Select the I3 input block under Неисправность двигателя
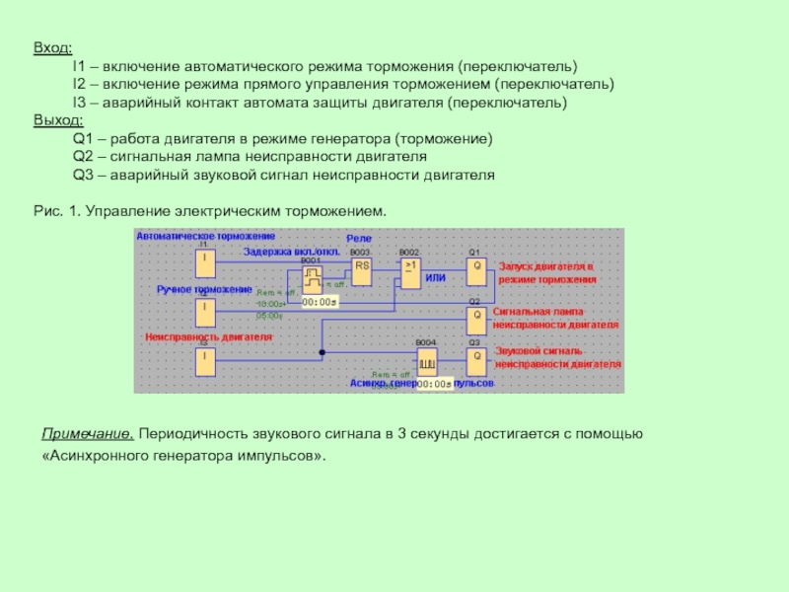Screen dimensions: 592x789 [x=204, y=360]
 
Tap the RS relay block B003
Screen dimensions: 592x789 [x=362, y=269]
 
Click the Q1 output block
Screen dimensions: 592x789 [x=476, y=269]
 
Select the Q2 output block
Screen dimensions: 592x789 [x=476, y=318]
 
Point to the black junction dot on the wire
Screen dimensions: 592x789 [x=322, y=352]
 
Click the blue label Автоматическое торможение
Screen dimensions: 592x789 [x=206, y=237]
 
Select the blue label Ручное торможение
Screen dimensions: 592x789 [x=204, y=289]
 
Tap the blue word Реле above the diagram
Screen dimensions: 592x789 [x=358, y=240]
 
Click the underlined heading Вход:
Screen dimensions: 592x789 [x=52, y=46]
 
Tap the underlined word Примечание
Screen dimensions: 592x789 [x=87, y=434]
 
